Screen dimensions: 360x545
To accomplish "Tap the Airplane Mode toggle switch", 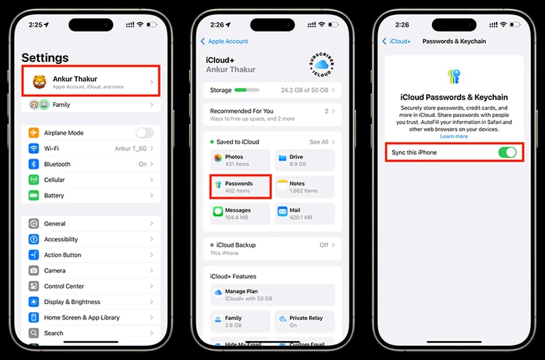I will [144, 133].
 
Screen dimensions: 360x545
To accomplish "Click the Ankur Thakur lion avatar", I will [39, 82].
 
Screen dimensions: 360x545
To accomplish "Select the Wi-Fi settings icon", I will [34, 148].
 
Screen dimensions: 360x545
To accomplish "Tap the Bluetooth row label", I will [57, 164].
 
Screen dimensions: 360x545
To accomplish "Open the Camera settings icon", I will [34, 271].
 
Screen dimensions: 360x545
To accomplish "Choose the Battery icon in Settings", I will [34, 196].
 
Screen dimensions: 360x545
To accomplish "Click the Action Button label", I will [62, 255].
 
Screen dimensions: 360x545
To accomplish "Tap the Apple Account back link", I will [225, 41].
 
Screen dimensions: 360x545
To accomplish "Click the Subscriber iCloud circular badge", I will [321, 65].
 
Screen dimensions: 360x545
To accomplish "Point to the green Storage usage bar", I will [246, 90].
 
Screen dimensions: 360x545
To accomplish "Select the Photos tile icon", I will [218, 158].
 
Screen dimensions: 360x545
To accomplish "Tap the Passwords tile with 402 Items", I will [241, 187].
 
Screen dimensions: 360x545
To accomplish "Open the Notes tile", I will [305, 187].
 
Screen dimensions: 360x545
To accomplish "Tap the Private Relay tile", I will [305, 321].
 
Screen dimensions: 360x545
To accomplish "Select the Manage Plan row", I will [272, 295].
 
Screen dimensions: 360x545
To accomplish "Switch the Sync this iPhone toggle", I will [507, 153].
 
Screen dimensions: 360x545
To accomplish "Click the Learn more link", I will [454, 137].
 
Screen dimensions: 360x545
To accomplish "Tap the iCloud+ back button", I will [397, 41].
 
